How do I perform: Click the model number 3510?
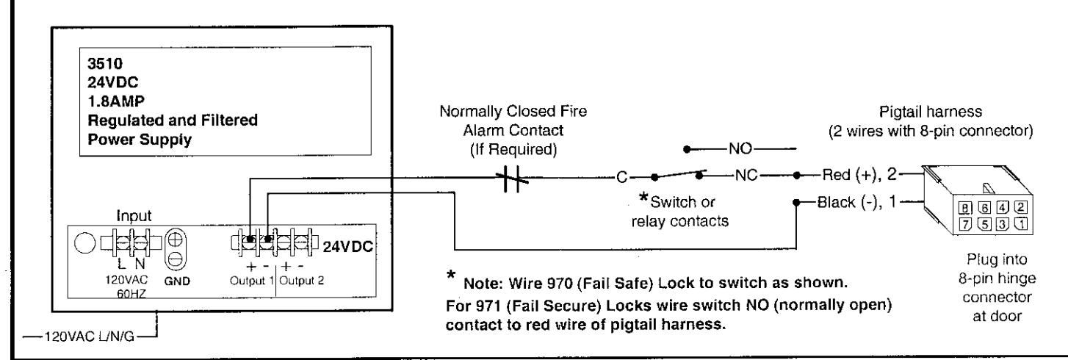pyautogui.click(x=105, y=63)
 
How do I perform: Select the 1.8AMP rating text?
pyautogui.click(x=116, y=101)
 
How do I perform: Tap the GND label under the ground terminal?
pyautogui.click(x=177, y=281)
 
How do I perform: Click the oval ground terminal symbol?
pyautogui.click(x=175, y=249)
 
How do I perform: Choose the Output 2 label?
pyautogui.click(x=301, y=281)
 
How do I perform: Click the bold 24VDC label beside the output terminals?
pyautogui.click(x=347, y=247)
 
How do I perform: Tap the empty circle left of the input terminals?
pyautogui.click(x=85, y=243)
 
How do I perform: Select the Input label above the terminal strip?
pyautogui.click(x=134, y=215)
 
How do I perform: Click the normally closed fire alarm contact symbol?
pyautogui.click(x=512, y=179)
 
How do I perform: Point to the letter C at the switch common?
pyautogui.click(x=621, y=177)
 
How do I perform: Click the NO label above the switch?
pyautogui.click(x=740, y=148)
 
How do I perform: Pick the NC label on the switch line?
pyautogui.click(x=746, y=176)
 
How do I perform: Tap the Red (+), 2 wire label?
pyautogui.click(x=859, y=175)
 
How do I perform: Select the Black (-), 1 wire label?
pyautogui.click(x=856, y=202)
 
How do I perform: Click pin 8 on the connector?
pyautogui.click(x=965, y=209)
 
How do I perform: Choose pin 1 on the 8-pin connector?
pyautogui.click(x=1021, y=223)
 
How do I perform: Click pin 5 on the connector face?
pyautogui.click(x=984, y=223)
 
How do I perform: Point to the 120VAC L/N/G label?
pyautogui.click(x=89, y=337)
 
